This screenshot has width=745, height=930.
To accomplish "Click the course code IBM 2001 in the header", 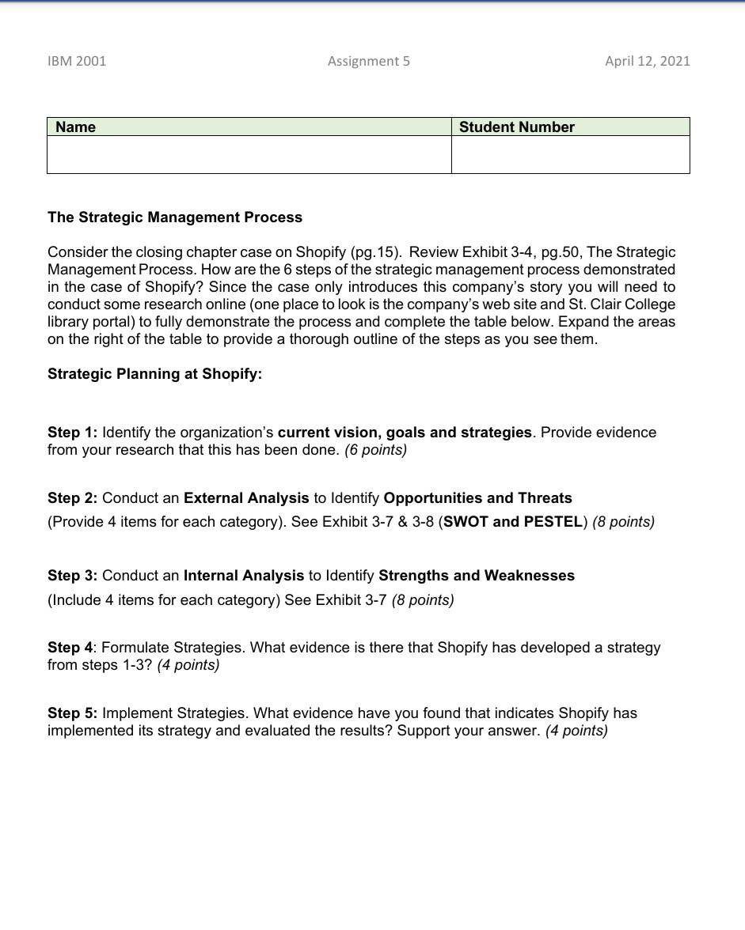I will pyautogui.click(x=77, y=61).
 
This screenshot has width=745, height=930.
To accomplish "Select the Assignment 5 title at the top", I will pyautogui.click(x=369, y=61).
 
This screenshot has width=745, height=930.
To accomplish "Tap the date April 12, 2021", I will pyautogui.click(x=647, y=61).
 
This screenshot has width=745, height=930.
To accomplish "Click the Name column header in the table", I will pyautogui.click(x=76, y=127).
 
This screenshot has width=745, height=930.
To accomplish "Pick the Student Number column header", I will pyautogui.click(x=517, y=127).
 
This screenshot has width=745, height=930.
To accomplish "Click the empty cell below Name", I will pyautogui.click(x=249, y=154).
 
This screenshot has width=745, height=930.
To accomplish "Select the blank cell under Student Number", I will pyautogui.click(x=570, y=154).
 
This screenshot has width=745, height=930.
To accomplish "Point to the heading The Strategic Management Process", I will pyautogui.click(x=175, y=217).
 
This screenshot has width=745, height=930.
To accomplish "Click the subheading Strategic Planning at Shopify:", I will pyautogui.click(x=154, y=374).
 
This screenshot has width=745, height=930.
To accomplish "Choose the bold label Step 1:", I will pyautogui.click(x=72, y=433).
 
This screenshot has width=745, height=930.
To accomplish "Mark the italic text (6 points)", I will pyautogui.click(x=375, y=450).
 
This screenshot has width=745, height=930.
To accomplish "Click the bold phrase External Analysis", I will pyautogui.click(x=246, y=498).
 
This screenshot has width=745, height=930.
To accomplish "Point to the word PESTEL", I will pyautogui.click(x=552, y=522).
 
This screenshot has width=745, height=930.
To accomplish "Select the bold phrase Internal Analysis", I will pyautogui.click(x=244, y=576).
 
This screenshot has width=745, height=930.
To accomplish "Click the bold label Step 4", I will pyautogui.click(x=70, y=648).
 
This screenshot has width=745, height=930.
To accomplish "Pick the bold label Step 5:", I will pyautogui.click(x=72, y=713).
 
